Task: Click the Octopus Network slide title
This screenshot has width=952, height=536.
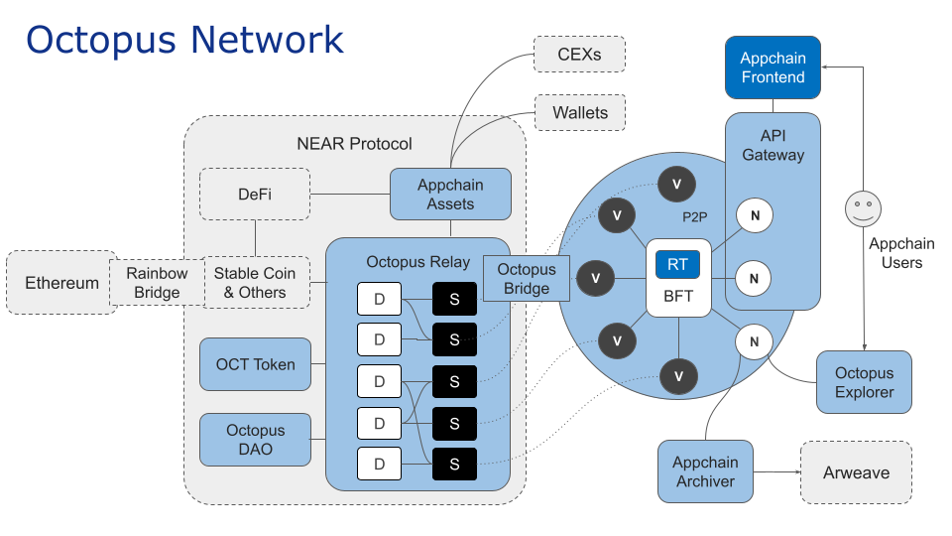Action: pyautogui.click(x=184, y=40)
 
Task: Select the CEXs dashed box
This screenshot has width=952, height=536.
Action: pyautogui.click(x=580, y=54)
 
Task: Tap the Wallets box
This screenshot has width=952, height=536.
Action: pyautogui.click(x=580, y=112)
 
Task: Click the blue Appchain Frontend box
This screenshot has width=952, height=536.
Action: pyautogui.click(x=773, y=67)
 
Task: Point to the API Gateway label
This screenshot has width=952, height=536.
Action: pyautogui.click(x=773, y=145)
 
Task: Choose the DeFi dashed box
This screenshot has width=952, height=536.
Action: pyautogui.click(x=255, y=195)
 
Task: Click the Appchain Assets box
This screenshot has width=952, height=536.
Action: pyautogui.click(x=450, y=194)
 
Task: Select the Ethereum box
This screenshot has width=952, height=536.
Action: pyautogui.click(x=61, y=283)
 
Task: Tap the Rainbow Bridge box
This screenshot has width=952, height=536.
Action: pyautogui.click(x=157, y=283)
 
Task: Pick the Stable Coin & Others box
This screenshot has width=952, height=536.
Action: pyautogui.click(x=256, y=283)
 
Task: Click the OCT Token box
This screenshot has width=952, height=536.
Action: pyautogui.click(x=255, y=364)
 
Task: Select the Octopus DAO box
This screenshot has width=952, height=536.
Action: pyautogui.click(x=255, y=440)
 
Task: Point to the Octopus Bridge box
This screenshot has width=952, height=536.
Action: pyautogui.click(x=527, y=279)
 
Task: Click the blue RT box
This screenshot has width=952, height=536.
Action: pyautogui.click(x=677, y=264)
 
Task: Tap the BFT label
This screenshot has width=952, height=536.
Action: pyautogui.click(x=677, y=296)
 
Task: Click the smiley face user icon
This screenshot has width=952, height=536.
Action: pyautogui.click(x=862, y=209)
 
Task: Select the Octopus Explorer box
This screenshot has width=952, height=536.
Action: pyautogui.click(x=864, y=382)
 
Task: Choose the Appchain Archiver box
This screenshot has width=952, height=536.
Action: pyautogui.click(x=705, y=471)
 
